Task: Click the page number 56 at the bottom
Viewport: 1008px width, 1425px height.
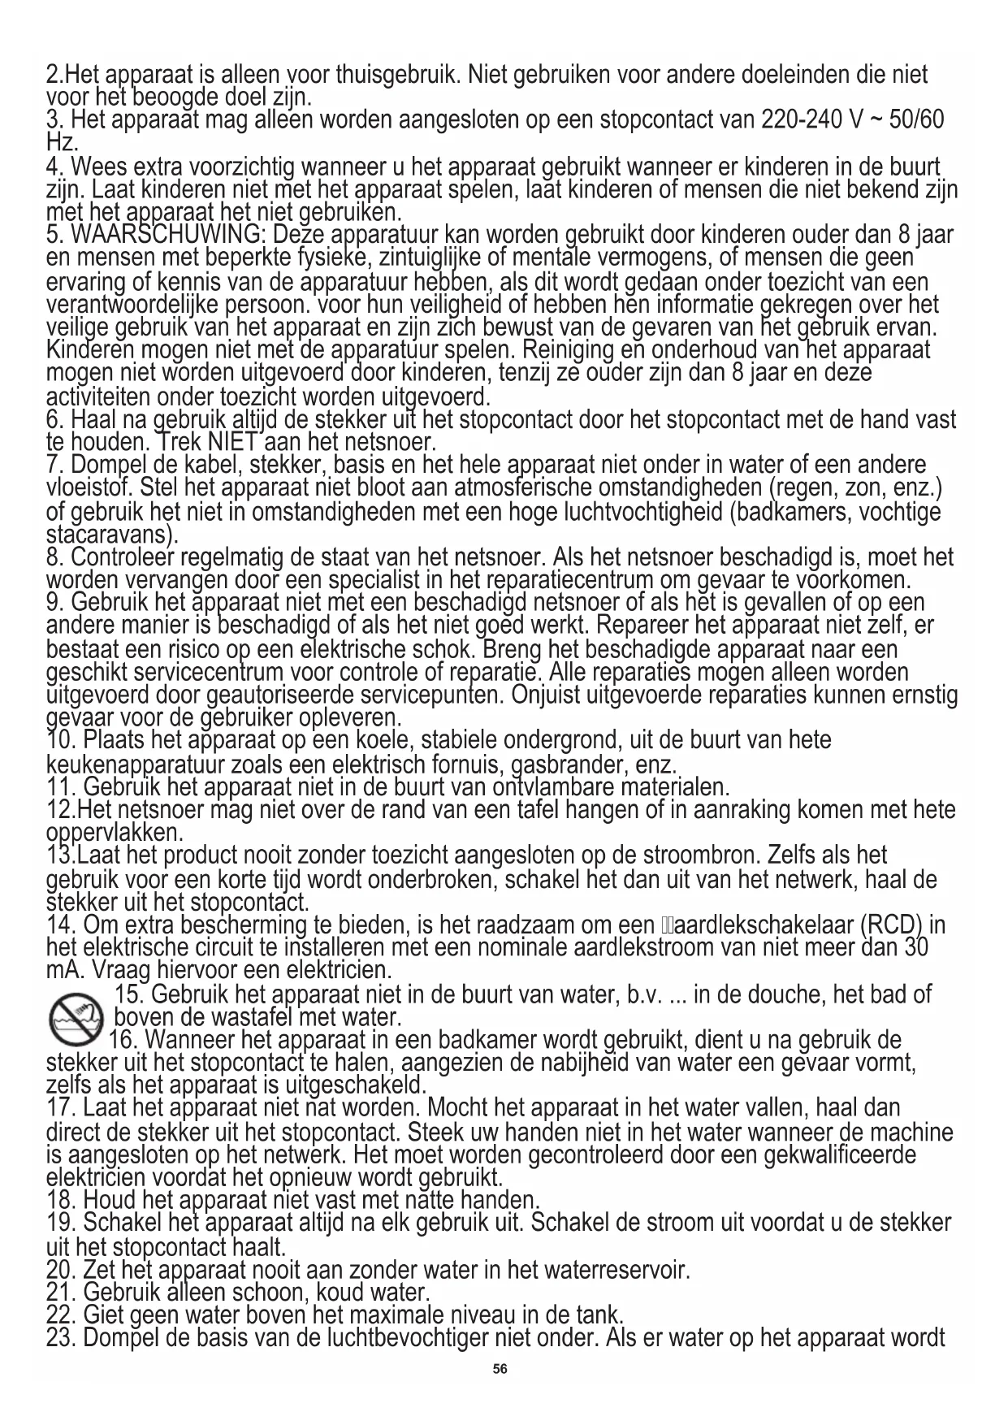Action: point(500,1369)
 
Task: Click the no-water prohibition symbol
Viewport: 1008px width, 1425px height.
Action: point(76,1019)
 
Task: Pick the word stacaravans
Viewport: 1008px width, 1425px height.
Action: point(110,535)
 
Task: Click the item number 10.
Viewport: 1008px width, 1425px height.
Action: point(62,741)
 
